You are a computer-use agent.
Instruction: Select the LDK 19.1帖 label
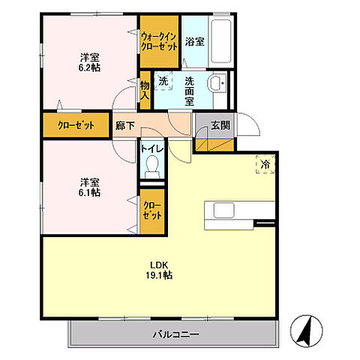click(160, 269)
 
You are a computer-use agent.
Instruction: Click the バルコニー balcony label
click(176, 334)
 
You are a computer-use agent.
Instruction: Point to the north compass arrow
click(310, 327)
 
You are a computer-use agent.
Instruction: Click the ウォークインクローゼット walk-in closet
click(159, 42)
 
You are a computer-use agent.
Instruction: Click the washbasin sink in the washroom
click(217, 83)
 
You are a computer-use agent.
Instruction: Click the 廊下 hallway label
click(124, 126)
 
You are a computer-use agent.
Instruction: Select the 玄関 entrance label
click(220, 124)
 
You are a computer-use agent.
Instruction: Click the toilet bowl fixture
click(151, 166)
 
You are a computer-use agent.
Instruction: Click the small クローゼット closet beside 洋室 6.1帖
click(151, 209)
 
